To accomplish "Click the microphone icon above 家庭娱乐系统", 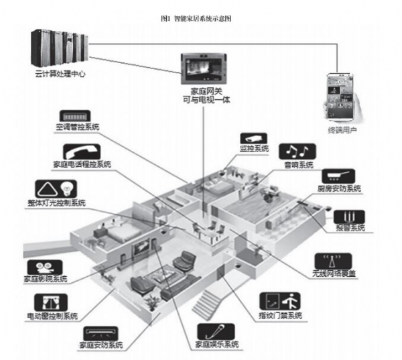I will click(x=217, y=331).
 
